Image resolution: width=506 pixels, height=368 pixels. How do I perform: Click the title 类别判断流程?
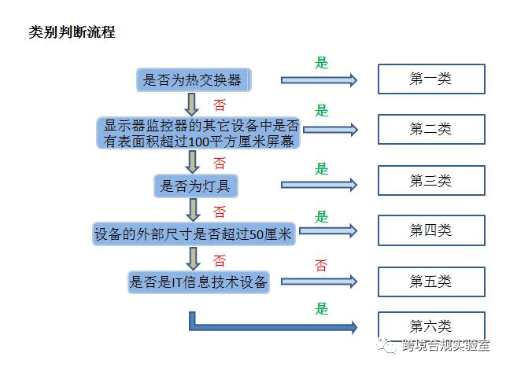pyautogui.click(x=72, y=32)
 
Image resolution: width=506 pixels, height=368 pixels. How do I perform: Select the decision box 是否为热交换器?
pyautogui.click(x=193, y=79)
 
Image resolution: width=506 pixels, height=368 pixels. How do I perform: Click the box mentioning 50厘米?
pyautogui.click(x=193, y=234)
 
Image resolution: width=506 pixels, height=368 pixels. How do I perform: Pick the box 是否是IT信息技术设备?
pyautogui.click(x=198, y=282)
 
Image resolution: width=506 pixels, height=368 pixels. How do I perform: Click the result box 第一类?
pyautogui.click(x=430, y=79)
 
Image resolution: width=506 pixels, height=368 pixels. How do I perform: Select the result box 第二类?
pyautogui.click(x=430, y=129)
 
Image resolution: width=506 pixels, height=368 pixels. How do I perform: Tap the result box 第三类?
pyautogui.click(x=430, y=181)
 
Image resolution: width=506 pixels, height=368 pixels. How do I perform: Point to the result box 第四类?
pyautogui.click(x=430, y=230)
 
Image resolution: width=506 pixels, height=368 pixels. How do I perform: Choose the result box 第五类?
pyautogui.click(x=430, y=281)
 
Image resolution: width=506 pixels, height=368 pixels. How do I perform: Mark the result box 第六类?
pyautogui.click(x=430, y=326)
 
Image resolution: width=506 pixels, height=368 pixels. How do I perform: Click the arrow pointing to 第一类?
pyautogui.click(x=319, y=80)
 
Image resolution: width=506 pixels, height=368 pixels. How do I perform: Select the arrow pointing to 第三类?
pyautogui.click(x=319, y=185)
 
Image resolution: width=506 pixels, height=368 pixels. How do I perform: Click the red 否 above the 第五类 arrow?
pyautogui.click(x=321, y=266)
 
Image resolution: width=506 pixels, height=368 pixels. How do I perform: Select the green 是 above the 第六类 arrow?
pyautogui.click(x=321, y=309)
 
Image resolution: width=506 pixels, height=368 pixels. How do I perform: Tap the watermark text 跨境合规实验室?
pyautogui.click(x=446, y=346)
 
